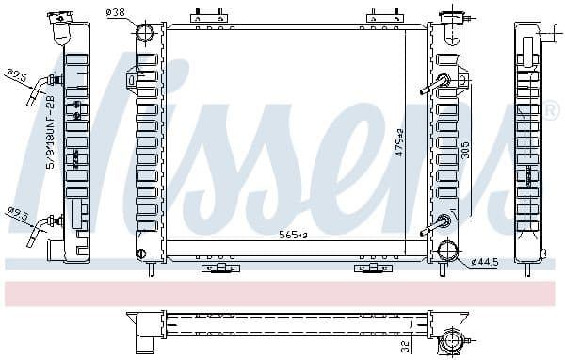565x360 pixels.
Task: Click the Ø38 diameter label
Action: (x=117, y=12)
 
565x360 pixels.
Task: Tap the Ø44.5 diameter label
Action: (x=483, y=261)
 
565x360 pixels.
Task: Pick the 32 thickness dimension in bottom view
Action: (x=405, y=346)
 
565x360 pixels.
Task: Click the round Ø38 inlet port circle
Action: (x=145, y=34)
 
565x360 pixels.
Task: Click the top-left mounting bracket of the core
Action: (x=209, y=16)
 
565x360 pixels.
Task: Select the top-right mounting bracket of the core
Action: (x=381, y=16)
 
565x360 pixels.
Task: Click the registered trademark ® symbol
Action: (x=553, y=111)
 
